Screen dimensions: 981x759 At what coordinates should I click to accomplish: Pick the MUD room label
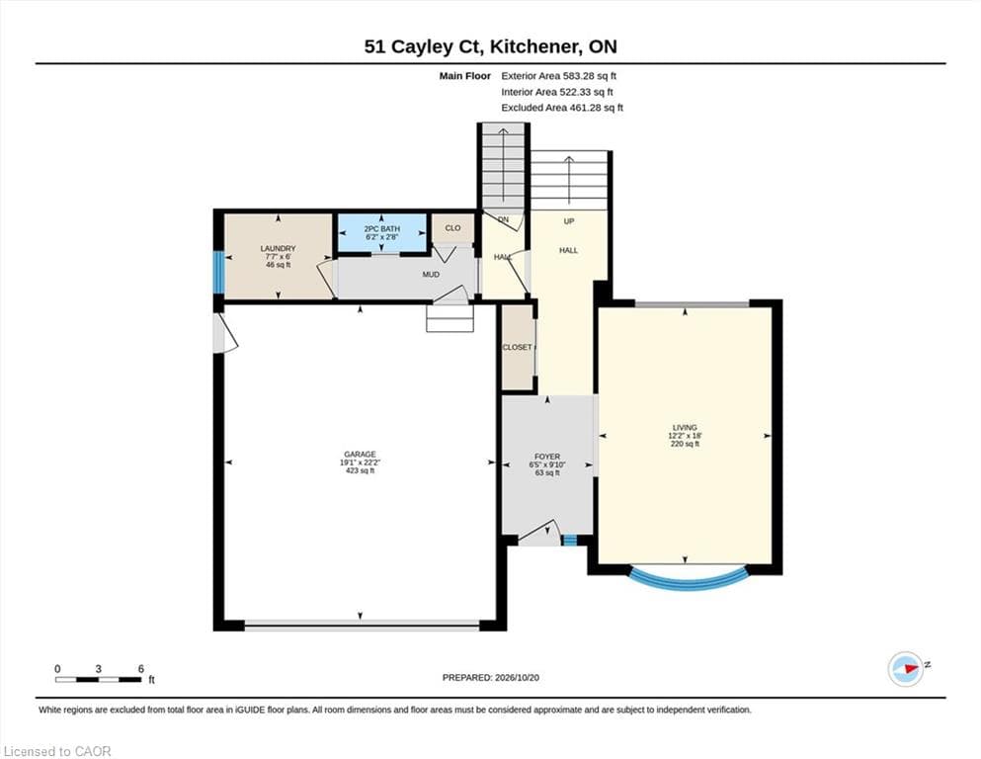pos(431,274)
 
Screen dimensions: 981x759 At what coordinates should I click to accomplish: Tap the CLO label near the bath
pos(452,227)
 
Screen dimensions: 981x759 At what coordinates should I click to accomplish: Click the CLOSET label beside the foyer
pos(518,347)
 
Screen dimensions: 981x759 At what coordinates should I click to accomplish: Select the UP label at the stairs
pos(569,220)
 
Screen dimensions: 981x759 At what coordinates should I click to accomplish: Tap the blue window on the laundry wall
pos(217,272)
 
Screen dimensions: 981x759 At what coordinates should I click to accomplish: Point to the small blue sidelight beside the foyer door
pos(569,540)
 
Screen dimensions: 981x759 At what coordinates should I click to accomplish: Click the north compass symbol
pos(906,669)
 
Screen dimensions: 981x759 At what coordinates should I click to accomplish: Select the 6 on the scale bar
pos(140,669)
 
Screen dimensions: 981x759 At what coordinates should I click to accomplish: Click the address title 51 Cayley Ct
pos(423,46)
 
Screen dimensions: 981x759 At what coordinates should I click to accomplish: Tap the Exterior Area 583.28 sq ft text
pos(559,76)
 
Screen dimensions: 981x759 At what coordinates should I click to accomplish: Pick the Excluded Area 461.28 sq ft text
pos(562,108)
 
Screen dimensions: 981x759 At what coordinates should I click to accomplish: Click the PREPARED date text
pos(490,678)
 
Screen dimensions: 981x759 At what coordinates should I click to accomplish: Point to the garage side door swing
pos(225,332)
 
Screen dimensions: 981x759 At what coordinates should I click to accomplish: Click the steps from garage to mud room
pos(450,318)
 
